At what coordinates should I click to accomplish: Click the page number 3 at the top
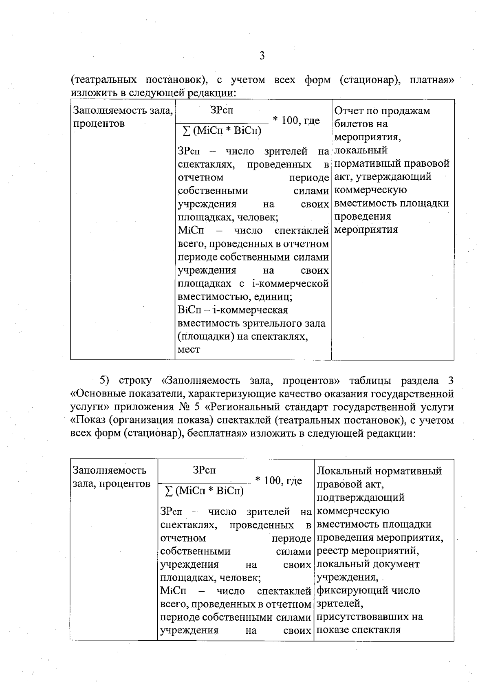coord(262,56)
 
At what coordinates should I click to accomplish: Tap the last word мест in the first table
coord(189,350)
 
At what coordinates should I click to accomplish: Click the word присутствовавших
coord(364,617)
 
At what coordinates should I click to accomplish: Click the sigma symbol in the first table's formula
coord(186,131)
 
